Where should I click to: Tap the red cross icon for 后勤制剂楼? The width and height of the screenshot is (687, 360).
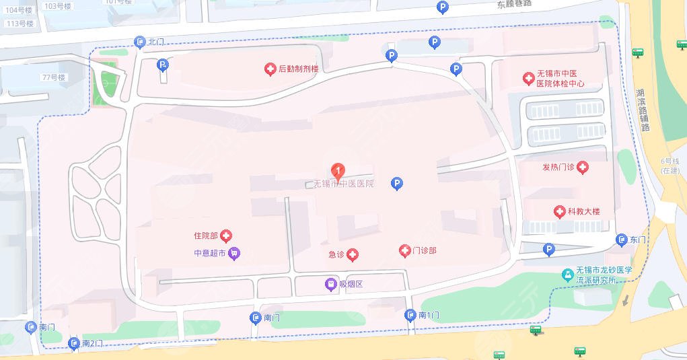coord(270,69)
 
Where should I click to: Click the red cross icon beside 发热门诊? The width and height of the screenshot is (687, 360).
coord(583,167)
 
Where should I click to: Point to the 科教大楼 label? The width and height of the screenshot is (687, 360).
coord(583,211)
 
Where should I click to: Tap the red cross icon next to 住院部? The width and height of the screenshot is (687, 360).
coord(227,236)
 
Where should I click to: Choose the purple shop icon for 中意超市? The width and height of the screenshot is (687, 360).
coord(234,254)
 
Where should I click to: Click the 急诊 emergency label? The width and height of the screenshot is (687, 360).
coord(336,254)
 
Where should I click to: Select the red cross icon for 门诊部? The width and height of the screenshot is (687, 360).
coord(405,251)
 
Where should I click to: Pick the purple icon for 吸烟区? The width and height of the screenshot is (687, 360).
coord(330,285)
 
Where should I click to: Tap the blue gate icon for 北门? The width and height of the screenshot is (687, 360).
coord(139,42)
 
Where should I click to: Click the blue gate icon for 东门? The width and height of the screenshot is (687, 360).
coord(622,240)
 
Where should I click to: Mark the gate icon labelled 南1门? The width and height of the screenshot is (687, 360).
coord(410,315)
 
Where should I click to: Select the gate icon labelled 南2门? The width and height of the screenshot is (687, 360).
coord(74,344)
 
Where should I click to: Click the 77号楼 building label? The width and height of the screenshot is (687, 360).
coord(54,77)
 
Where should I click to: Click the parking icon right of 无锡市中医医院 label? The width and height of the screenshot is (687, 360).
coord(397,183)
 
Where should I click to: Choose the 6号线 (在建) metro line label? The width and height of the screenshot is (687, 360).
coord(670,166)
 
